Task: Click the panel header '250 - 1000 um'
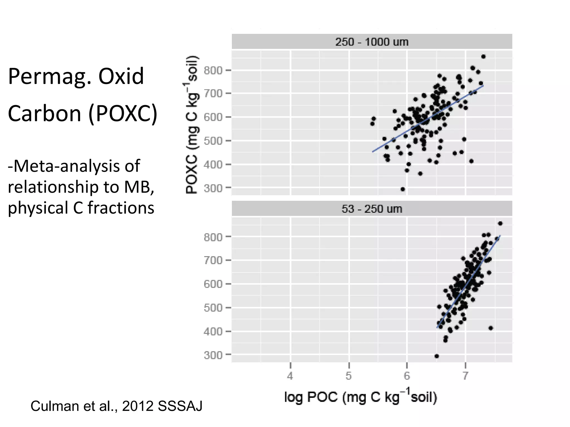pyautogui.click(x=372, y=42)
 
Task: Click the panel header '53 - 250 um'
pyautogui.click(x=372, y=209)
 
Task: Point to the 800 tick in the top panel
pyautogui.click(x=213, y=71)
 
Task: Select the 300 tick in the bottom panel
pyautogui.click(x=213, y=355)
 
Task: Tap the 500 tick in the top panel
pyautogui.click(x=213, y=141)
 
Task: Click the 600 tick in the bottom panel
pyautogui.click(x=213, y=284)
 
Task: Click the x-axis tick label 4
pyautogui.click(x=290, y=376)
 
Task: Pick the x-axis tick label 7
pyautogui.click(x=465, y=376)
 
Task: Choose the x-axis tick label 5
pyautogui.click(x=348, y=376)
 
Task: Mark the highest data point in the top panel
pyautogui.click(x=483, y=57)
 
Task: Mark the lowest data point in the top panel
pyautogui.click(x=403, y=189)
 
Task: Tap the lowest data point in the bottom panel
pyautogui.click(x=437, y=356)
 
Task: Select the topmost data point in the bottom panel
pyautogui.click(x=500, y=224)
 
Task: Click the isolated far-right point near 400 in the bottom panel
pyautogui.click(x=491, y=328)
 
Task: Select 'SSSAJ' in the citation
pyautogui.click(x=180, y=406)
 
